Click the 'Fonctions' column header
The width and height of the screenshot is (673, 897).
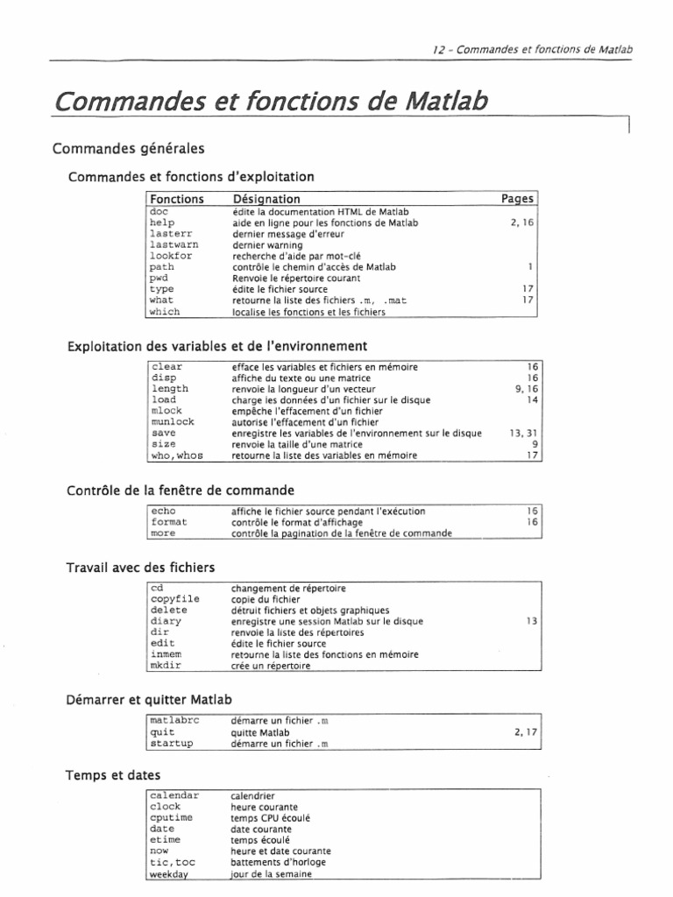(176, 199)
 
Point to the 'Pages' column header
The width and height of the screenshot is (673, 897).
(517, 199)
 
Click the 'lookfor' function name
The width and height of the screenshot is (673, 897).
(170, 256)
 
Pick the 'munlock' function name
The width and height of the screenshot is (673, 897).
(173, 420)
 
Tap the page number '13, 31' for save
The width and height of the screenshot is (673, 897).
(517, 432)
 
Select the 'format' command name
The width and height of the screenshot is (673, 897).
(169, 521)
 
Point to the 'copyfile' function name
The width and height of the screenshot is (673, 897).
(175, 598)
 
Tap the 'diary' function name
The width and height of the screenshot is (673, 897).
(166, 621)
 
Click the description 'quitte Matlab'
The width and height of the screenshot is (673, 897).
(260, 731)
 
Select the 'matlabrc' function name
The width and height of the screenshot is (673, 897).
(175, 720)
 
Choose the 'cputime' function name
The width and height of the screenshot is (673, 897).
(173, 817)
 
